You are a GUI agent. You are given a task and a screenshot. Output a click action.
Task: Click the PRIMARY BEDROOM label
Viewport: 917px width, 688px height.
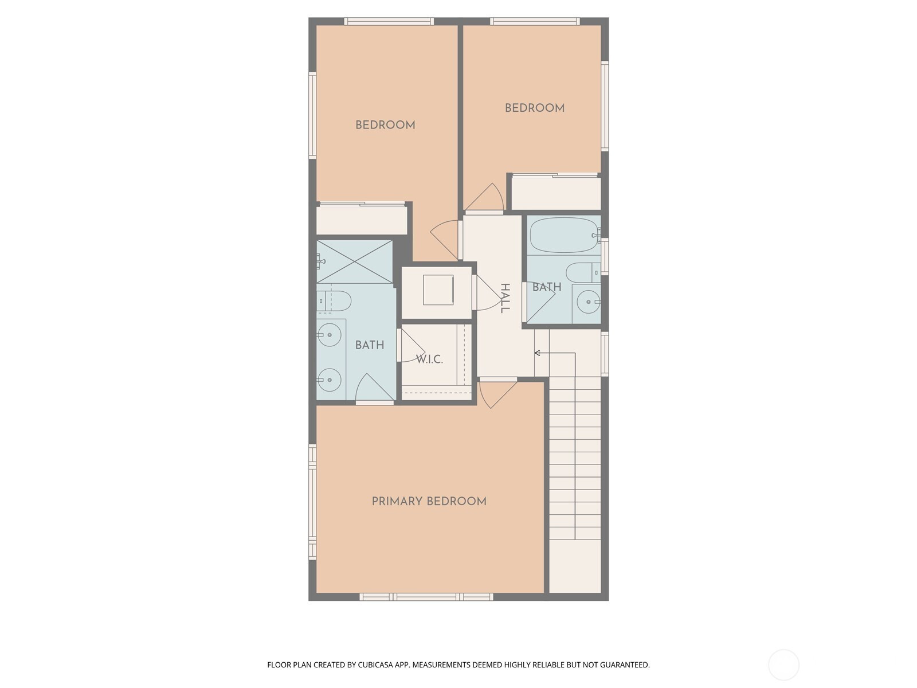(429, 501)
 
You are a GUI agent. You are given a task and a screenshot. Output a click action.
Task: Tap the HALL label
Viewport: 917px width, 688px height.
(505, 298)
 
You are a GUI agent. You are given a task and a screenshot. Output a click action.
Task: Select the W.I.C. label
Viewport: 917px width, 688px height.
(429, 359)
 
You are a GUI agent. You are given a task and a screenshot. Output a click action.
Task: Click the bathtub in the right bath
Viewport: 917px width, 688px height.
(565, 234)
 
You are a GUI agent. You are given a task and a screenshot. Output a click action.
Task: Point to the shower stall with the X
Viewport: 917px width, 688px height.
(354, 262)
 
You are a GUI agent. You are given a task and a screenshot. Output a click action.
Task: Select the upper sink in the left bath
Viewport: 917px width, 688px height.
(329, 335)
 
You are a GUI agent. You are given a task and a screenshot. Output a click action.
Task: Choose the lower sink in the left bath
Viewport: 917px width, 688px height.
(329, 380)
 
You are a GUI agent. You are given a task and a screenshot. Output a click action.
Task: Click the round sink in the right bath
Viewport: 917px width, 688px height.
(589, 302)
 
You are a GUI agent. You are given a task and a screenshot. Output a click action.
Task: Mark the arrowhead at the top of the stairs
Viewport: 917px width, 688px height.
(538, 353)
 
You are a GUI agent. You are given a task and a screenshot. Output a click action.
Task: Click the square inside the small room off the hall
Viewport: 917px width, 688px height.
(438, 290)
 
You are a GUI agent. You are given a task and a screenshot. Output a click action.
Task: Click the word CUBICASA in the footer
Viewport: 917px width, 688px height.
(375, 664)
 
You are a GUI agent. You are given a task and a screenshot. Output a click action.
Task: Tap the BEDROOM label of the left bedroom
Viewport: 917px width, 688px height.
(385, 125)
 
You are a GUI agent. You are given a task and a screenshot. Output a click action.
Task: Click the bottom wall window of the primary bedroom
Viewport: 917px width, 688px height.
(426, 597)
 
